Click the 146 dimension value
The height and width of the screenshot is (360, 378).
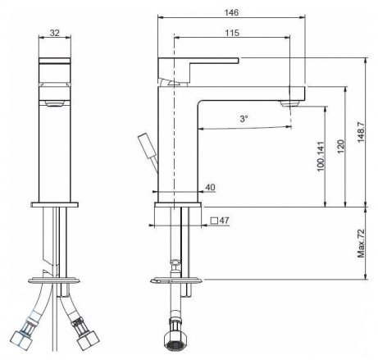pyautogui.click(x=231, y=12)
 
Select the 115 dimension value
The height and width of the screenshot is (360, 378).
pyautogui.click(x=232, y=33)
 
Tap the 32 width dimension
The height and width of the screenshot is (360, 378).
pyautogui.click(x=55, y=33)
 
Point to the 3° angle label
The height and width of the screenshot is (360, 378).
pyautogui.click(x=244, y=119)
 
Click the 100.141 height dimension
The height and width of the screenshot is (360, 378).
pyautogui.click(x=321, y=157)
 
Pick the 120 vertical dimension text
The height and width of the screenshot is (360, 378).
pyautogui.click(x=340, y=147)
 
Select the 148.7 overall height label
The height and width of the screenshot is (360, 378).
pyautogui.click(x=361, y=131)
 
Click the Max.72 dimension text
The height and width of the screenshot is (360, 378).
pyautogui.click(x=361, y=244)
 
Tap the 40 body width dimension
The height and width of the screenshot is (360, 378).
pyautogui.click(x=210, y=187)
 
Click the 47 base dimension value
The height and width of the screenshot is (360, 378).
pyautogui.click(x=224, y=221)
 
